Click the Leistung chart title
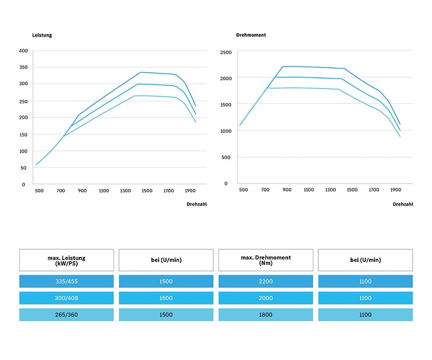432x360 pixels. click(42, 35)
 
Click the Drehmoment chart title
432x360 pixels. click(251, 35)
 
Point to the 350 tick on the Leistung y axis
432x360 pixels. click(23, 67)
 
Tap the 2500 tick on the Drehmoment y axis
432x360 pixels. click(226, 52)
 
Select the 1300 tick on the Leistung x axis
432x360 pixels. click(125, 191)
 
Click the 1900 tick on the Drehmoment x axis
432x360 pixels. click(396, 190)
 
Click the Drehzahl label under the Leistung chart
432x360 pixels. click(197, 204)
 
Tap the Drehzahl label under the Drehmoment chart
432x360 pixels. click(403, 204)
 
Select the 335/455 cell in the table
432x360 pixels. click(67, 282)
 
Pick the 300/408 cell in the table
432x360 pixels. click(67, 298)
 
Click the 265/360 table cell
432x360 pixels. click(67, 315)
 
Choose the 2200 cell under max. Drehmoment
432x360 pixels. click(265, 282)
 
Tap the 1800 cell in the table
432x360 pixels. click(265, 315)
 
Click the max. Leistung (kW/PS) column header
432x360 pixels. click(67, 260)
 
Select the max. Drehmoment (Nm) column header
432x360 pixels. click(266, 260)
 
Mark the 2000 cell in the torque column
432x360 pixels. click(265, 298)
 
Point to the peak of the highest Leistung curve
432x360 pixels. click(141, 72)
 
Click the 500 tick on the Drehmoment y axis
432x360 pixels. click(226, 157)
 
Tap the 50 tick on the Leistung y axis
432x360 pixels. click(23, 168)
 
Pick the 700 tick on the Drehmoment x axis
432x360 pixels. click(265, 190)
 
